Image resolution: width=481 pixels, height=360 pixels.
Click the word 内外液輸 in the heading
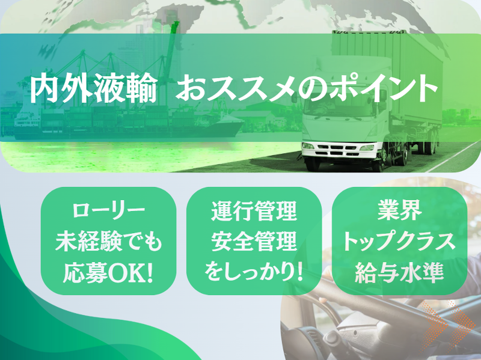click(94, 88)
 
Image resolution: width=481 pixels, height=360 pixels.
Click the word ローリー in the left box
click(108, 212)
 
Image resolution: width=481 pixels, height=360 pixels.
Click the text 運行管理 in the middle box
click(254, 212)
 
